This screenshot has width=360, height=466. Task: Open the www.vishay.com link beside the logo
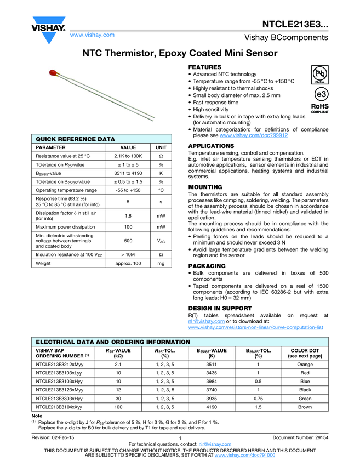click(92, 35)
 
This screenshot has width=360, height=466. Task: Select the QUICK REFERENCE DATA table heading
click(76, 139)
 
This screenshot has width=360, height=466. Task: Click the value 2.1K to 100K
click(128, 156)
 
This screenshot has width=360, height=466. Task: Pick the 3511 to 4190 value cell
click(128, 173)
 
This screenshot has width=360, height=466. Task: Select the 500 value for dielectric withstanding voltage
click(128, 240)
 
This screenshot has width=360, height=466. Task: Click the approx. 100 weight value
click(128, 264)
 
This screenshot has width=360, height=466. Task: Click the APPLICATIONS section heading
click(211, 146)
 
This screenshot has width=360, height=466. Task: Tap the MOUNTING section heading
click(205, 187)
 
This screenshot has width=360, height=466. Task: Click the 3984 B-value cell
click(212, 381)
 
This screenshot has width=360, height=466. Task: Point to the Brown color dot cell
click(305, 407)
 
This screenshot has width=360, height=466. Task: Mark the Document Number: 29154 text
click(300, 437)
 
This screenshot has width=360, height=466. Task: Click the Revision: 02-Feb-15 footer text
click(54, 437)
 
